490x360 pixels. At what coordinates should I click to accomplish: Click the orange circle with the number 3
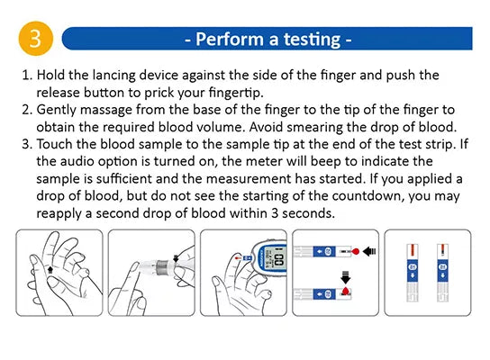click(x=35, y=39)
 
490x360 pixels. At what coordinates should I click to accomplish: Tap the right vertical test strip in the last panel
click(x=441, y=267)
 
